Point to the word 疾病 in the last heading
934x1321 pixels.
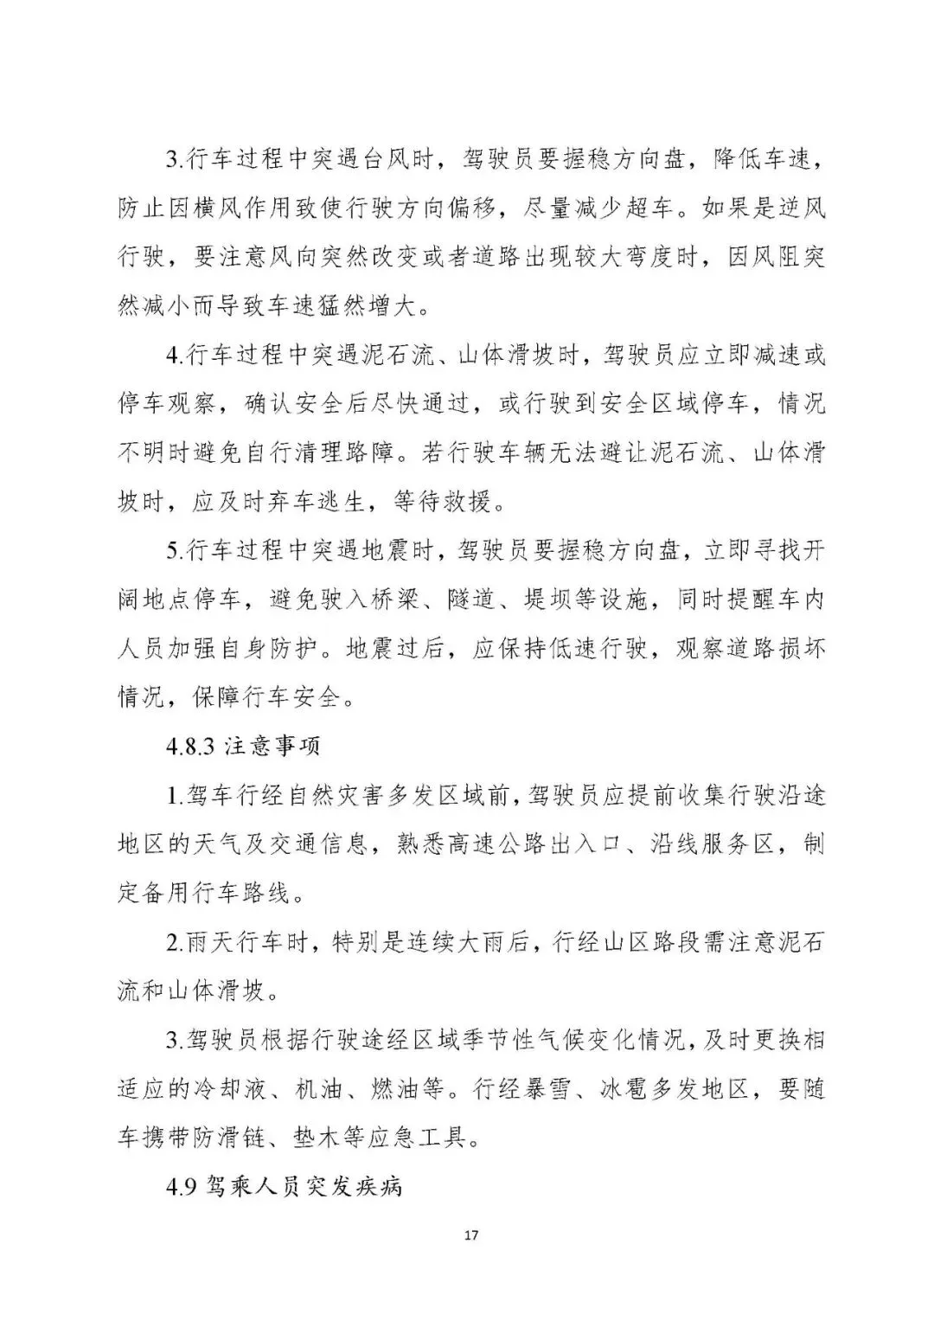(378, 1186)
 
